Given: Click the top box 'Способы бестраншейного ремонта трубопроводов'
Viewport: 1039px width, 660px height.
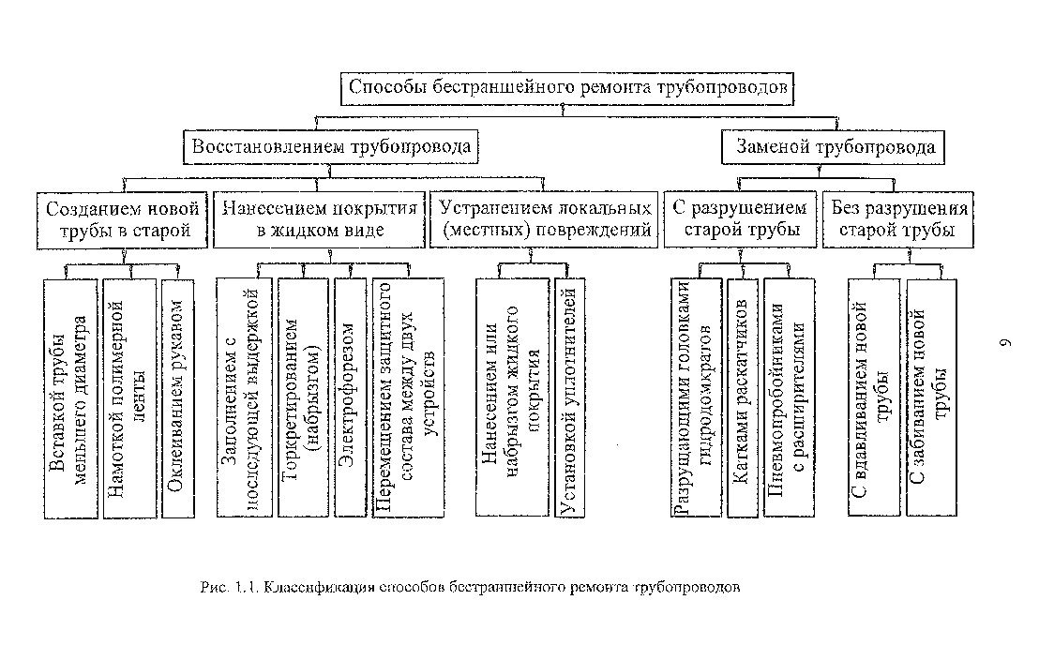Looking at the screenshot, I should [x=571, y=87].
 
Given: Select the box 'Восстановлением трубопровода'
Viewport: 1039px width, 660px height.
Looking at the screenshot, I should [x=331, y=147].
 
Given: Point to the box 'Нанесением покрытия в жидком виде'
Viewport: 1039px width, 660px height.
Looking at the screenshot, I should [x=319, y=218].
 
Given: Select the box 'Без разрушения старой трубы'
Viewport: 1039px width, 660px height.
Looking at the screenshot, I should [x=896, y=218].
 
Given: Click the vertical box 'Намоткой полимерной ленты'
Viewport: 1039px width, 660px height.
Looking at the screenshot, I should [x=128, y=397].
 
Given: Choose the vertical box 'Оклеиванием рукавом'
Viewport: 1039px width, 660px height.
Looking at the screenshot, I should [x=177, y=397].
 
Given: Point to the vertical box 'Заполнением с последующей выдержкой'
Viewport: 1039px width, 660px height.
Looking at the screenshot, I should [x=243, y=397].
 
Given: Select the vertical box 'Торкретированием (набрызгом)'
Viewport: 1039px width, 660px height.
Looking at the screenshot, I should [x=304, y=397].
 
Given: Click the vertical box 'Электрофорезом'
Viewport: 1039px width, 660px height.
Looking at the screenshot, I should [x=348, y=397].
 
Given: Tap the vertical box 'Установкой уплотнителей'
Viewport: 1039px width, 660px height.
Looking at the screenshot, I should [x=569, y=397].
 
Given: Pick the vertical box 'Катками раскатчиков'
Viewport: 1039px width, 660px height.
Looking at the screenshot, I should [x=741, y=397].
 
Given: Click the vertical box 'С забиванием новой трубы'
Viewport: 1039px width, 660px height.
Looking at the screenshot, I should [x=931, y=397].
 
